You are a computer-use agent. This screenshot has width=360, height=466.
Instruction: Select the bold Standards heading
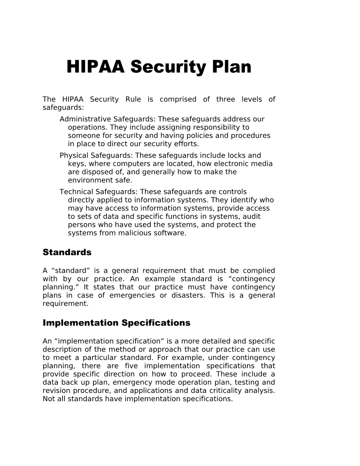(x=67, y=252)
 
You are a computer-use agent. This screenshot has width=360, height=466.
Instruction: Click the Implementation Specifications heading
(x=116, y=323)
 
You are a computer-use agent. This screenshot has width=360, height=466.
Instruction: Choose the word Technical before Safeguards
(x=76, y=192)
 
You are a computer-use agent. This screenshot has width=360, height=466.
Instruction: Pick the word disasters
(x=187, y=295)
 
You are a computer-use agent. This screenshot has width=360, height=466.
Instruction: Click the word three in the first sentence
(x=226, y=99)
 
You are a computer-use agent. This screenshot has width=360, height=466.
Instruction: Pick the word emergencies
(x=132, y=295)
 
